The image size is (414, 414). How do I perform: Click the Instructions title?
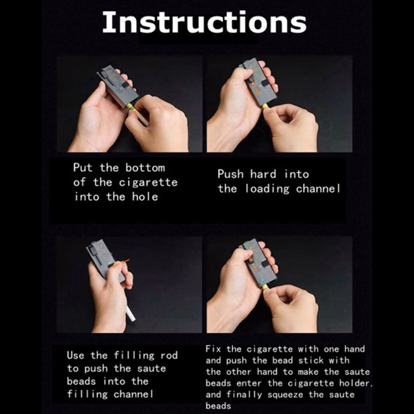(204, 22)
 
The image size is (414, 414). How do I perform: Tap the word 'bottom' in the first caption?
(145, 168)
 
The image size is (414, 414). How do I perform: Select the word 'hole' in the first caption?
(145, 197)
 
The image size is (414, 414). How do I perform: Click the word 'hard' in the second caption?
(263, 174)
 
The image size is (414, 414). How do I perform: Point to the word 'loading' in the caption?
(267, 189)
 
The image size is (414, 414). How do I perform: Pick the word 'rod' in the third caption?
(169, 355)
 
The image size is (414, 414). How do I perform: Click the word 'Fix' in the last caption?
(214, 349)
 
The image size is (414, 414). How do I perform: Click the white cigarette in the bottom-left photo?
(131, 313)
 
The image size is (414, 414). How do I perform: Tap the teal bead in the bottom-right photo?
(262, 281)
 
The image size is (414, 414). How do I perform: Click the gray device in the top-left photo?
(118, 86)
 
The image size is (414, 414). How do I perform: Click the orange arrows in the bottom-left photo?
(121, 263)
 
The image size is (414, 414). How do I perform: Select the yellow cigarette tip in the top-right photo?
(265, 106)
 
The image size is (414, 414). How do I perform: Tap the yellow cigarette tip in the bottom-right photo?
(265, 287)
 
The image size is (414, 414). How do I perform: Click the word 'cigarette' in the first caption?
(148, 182)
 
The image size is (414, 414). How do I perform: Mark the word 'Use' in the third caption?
(76, 355)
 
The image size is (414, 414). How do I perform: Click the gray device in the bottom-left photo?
(106, 261)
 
